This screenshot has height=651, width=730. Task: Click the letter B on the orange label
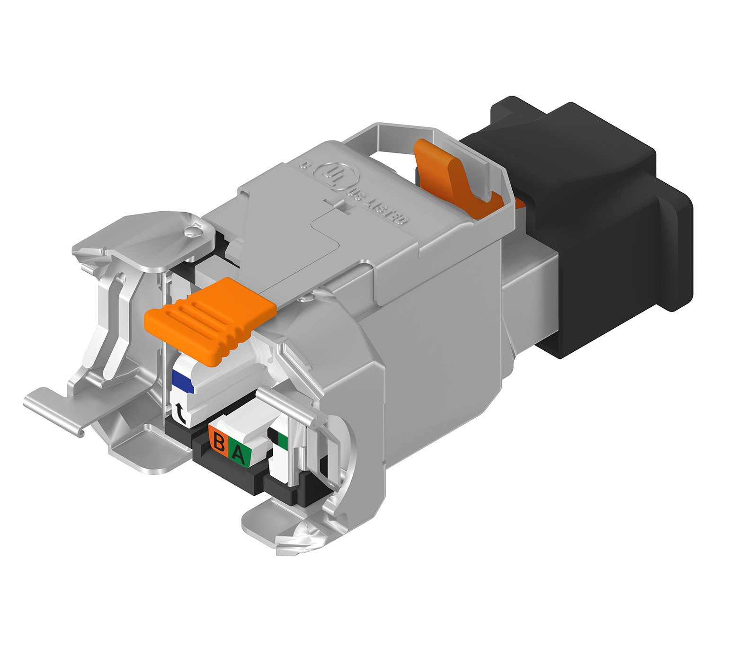(219, 441)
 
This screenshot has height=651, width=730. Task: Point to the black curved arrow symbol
(180, 414)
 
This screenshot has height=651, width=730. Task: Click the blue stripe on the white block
(182, 381)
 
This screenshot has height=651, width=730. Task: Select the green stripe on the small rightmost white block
(283, 441)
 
